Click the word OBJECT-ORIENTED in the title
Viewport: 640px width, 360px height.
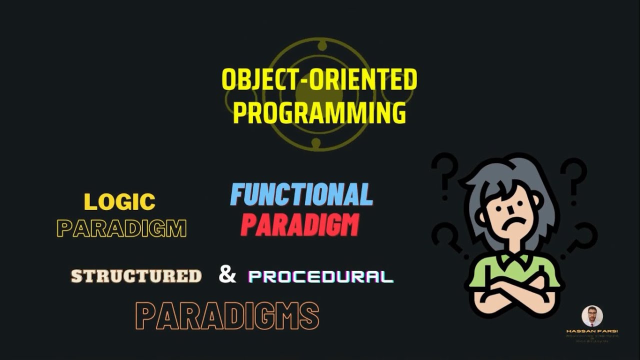[319, 80]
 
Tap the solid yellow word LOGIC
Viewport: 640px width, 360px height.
[119, 202]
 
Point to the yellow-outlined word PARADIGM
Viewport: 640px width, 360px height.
[121, 228]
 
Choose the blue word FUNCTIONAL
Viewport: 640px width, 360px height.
[301, 194]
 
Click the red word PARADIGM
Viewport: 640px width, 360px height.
[300, 225]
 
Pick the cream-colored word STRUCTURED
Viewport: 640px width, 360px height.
[136, 276]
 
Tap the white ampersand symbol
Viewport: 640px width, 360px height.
[227, 274]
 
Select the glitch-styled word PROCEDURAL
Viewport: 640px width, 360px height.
[320, 277]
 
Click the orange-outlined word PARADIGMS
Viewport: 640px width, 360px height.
[227, 316]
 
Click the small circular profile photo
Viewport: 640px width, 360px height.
[592, 316]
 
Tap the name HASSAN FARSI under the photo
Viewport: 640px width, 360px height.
[592, 331]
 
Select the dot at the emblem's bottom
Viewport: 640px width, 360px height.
[316, 143]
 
